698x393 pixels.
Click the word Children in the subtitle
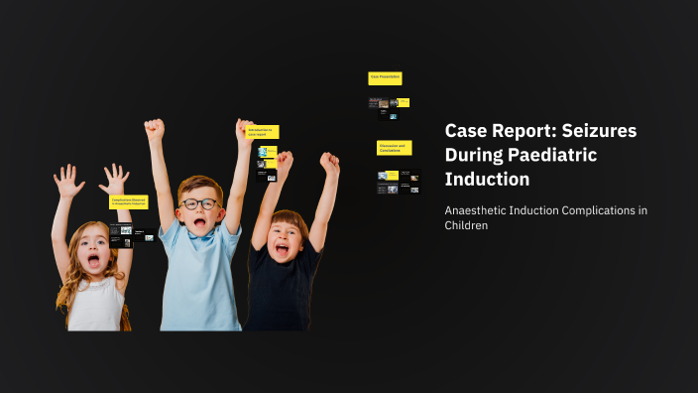[x=466, y=226]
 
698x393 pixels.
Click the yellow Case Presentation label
[x=385, y=77]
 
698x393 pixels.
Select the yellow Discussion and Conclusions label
[x=394, y=148]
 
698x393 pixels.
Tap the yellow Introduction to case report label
[x=263, y=132]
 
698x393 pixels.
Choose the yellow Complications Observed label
[x=129, y=201]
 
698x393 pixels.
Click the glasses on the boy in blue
[x=200, y=204]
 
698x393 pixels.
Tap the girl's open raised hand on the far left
[x=68, y=182]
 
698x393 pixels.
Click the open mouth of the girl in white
[x=93, y=262]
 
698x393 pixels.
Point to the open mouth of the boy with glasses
[x=200, y=223]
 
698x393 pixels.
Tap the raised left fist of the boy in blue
[x=154, y=129]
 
